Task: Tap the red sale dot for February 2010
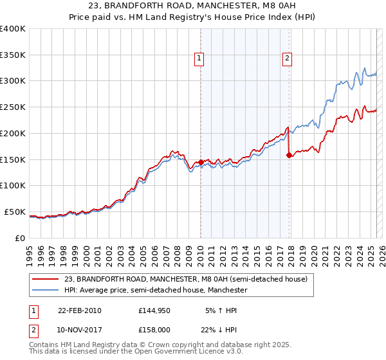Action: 201,162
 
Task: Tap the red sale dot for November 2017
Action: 289,155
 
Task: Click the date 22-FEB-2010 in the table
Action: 80,310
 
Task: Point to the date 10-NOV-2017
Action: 80,330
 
